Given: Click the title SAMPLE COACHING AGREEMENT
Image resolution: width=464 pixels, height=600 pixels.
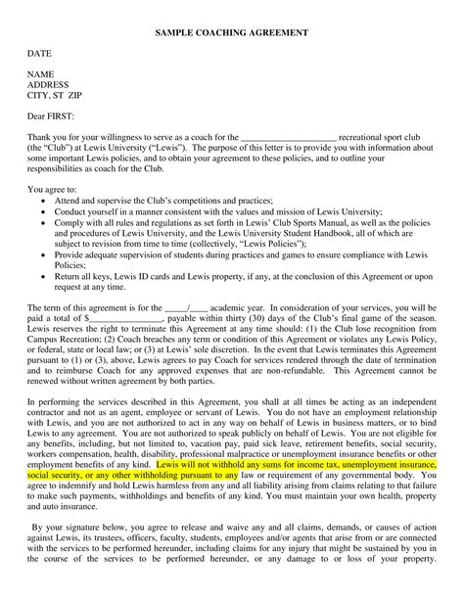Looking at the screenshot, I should tap(231, 33).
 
